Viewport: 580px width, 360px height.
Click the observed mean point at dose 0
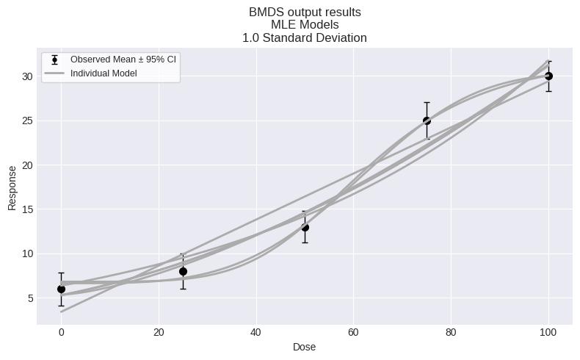point(61,289)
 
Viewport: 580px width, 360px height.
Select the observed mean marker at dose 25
point(183,271)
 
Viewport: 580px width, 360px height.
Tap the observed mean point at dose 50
point(305,227)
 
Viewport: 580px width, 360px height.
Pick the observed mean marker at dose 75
point(427,120)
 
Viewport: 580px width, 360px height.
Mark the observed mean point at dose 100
point(548,76)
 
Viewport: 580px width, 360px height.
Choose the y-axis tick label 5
point(29,298)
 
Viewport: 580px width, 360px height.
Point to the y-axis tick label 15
point(26,209)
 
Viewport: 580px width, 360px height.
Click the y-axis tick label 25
point(26,120)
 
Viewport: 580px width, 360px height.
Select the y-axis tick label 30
point(26,76)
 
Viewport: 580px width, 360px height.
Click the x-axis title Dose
point(305,347)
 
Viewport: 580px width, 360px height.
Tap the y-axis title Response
point(12,187)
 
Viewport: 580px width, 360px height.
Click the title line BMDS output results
point(305,12)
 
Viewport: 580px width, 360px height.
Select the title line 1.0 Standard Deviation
point(305,37)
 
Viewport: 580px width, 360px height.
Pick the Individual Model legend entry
point(104,73)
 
